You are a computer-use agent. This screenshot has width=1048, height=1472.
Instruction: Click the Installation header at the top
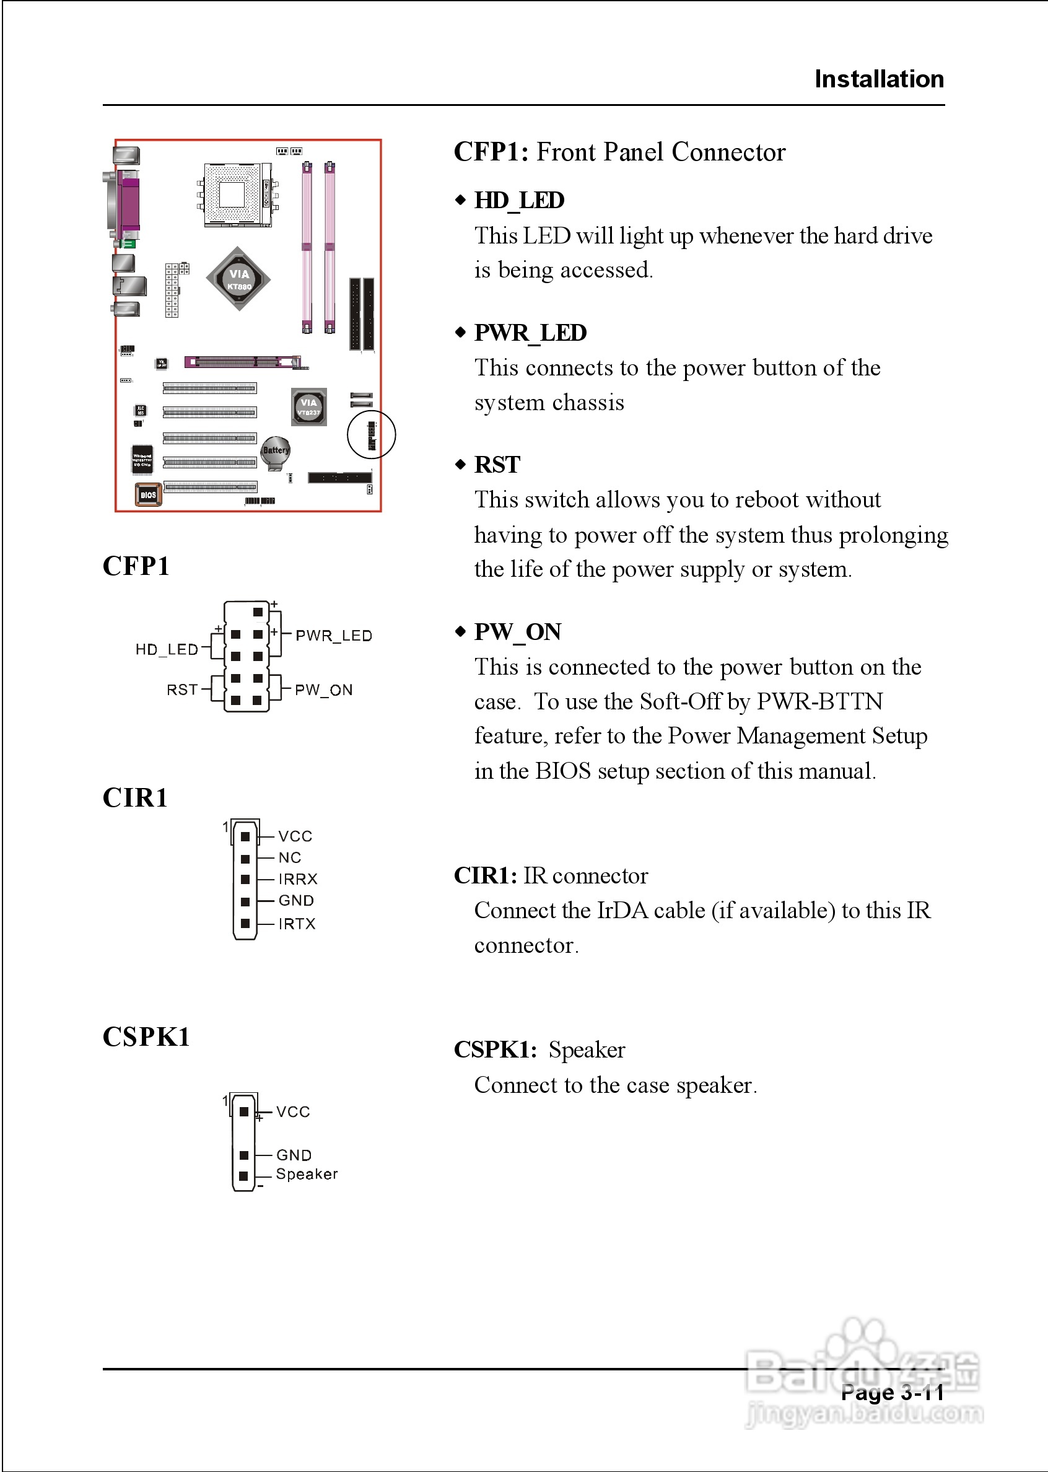[x=879, y=79]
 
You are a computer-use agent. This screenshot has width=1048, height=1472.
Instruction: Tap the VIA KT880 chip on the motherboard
[x=238, y=279]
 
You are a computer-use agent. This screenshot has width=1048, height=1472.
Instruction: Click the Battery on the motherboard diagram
[x=276, y=451]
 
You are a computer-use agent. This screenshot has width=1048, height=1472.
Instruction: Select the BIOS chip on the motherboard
[x=148, y=494]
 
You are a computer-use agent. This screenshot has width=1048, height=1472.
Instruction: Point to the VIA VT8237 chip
[x=308, y=407]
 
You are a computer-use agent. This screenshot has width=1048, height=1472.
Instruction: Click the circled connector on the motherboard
[x=371, y=434]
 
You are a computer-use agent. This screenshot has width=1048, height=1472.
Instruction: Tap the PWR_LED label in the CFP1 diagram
[x=334, y=636]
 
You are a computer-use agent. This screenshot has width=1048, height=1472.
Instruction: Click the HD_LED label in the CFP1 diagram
[x=167, y=649]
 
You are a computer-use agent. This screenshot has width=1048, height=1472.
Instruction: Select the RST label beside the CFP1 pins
[x=182, y=690]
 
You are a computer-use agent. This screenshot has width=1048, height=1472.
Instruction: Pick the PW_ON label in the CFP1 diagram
[x=323, y=690]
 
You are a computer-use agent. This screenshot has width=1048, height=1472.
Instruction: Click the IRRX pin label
[x=297, y=879]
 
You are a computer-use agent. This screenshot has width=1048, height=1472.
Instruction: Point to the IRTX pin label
[x=297, y=924]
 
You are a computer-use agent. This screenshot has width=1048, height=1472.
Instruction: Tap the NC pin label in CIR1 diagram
[x=290, y=857]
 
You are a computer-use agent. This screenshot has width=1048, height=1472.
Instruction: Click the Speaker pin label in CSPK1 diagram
[x=307, y=1174]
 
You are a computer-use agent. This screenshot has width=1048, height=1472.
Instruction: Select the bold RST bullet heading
[x=497, y=465]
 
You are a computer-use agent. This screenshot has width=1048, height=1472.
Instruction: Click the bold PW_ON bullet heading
[x=518, y=632]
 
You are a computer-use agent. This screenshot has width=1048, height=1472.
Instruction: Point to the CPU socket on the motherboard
[x=233, y=193]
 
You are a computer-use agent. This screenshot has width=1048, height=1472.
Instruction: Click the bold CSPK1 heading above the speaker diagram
[x=147, y=1037]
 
